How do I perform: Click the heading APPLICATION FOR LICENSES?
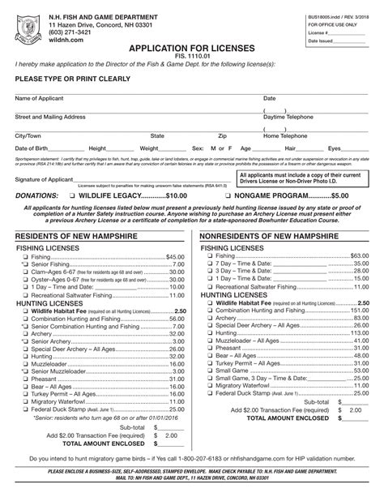click(192, 48)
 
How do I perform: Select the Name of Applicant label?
click(40, 98)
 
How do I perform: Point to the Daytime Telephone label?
click(289, 117)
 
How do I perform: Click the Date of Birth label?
click(32, 149)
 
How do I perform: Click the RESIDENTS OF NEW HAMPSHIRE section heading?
click(73, 235)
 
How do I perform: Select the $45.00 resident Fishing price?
click(175, 256)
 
